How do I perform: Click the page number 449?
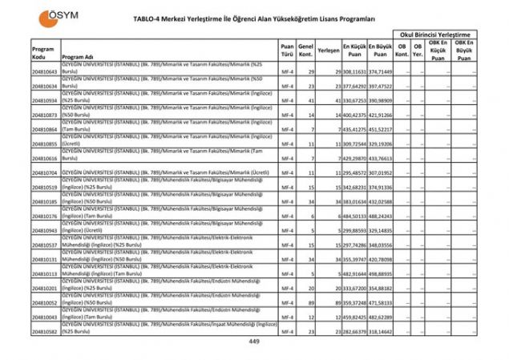point(254,342)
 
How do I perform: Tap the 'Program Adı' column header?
point(78,58)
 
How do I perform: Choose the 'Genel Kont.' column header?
point(305,52)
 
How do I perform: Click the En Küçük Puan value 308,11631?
point(354,72)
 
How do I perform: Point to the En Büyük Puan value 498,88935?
point(381,273)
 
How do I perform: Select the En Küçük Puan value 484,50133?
point(354,216)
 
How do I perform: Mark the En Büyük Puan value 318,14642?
point(381,330)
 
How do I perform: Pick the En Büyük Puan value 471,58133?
point(381,302)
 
